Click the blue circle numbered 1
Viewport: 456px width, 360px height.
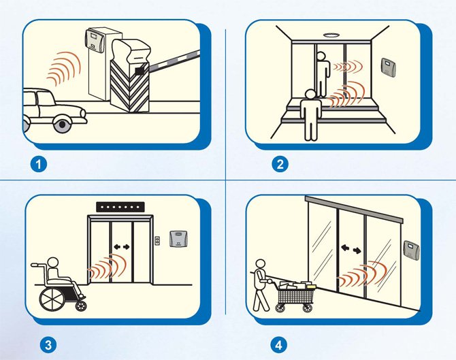coord(38,164)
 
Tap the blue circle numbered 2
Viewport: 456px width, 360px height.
coord(280,164)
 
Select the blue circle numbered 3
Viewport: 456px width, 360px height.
coord(48,345)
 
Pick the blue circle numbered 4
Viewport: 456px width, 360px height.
coord(278,345)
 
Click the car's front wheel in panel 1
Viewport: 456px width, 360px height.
coord(62,124)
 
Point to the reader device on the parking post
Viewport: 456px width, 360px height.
coord(94,40)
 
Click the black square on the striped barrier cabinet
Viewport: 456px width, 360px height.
coord(140,70)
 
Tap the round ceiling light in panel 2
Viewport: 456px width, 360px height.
coord(331,35)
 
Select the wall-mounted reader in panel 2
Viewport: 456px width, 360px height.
coord(389,67)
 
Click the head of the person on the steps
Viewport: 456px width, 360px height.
coord(310,94)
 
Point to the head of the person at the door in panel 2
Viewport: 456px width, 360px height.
coord(320,56)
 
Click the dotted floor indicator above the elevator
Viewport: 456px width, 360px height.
coord(120,207)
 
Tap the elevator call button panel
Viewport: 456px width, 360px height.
coord(157,240)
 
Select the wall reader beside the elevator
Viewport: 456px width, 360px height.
coord(178,238)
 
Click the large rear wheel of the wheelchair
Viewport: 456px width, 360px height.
coord(52,299)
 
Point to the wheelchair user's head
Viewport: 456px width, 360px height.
coord(52,263)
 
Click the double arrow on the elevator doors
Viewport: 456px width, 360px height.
coord(122,247)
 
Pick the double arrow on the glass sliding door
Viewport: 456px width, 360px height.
coord(351,249)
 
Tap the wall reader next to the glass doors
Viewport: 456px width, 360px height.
coord(412,250)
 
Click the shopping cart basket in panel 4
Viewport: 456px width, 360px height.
coord(295,295)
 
